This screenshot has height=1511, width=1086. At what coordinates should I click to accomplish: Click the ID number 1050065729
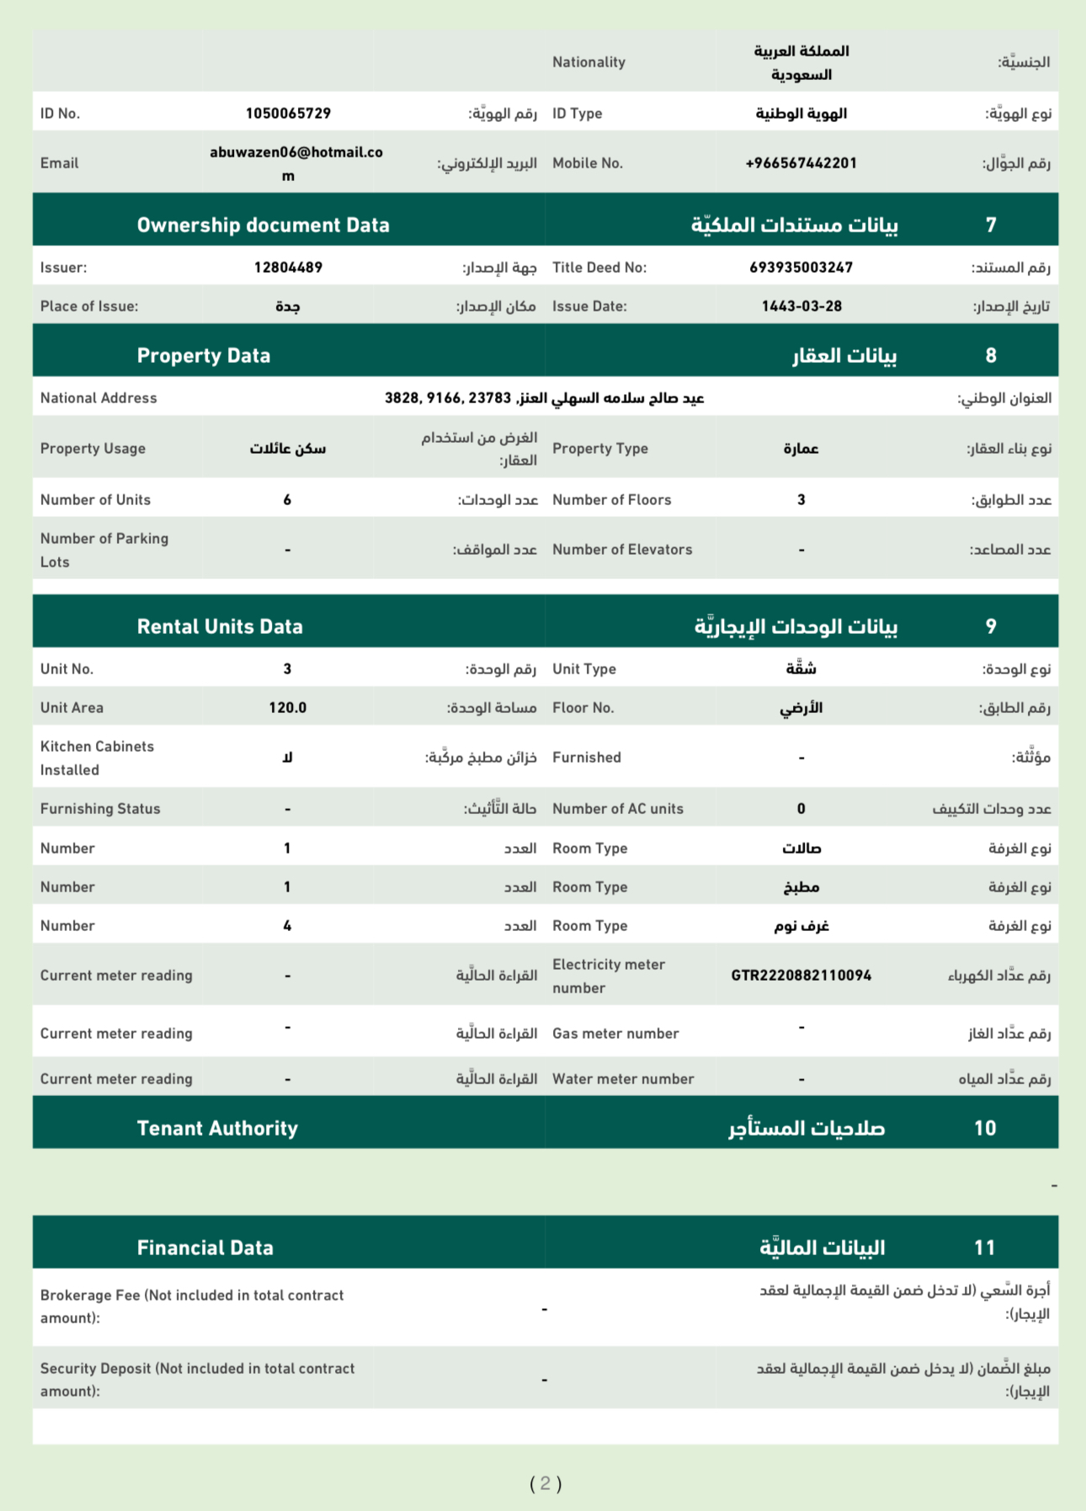coord(288,114)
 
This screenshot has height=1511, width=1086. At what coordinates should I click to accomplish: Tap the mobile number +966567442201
coord(801,163)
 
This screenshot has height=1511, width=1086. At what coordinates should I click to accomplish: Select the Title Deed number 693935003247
coord(801,268)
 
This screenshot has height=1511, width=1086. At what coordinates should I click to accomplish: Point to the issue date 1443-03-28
coord(801,306)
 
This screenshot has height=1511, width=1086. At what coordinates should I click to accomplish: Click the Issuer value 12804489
coord(288,268)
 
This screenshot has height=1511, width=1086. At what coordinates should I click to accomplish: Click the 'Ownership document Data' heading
coord(263,226)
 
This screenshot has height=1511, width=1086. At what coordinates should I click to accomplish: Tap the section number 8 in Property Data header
coord(991,356)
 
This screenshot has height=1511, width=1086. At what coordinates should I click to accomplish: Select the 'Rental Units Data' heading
coord(220,627)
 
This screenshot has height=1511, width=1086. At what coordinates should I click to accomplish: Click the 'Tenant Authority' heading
coord(217,1129)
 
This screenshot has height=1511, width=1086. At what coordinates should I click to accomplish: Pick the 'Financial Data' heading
coord(205,1248)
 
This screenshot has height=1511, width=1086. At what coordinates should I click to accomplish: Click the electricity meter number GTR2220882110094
coord(801,976)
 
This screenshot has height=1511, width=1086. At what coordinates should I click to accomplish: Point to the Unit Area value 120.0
coord(287,708)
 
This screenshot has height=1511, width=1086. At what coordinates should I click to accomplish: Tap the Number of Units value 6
coord(287,500)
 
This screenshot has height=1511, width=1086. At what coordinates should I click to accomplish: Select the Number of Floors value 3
coord(801,500)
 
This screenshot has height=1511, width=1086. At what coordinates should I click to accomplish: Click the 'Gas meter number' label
coord(615,1034)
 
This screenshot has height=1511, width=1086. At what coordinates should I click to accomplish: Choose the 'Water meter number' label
coord(623,1079)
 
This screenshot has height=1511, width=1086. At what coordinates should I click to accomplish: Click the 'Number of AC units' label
coord(618,809)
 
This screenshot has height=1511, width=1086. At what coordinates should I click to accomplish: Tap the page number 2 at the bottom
coord(546,1483)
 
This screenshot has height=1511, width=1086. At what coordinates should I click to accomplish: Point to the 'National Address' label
coord(98,398)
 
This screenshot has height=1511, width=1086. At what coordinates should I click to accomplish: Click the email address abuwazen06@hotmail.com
coord(295,163)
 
